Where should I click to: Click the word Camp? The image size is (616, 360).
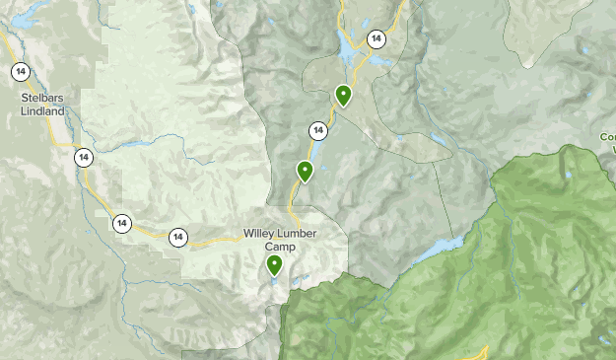(x=281, y=247)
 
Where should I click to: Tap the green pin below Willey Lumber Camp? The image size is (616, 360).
(x=273, y=264)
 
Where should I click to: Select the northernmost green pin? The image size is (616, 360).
(x=343, y=95)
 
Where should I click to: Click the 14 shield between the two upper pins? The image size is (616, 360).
(x=317, y=130)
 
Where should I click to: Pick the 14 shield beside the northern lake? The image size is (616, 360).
(x=376, y=39)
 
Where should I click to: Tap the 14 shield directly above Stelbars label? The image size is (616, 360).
(x=20, y=71)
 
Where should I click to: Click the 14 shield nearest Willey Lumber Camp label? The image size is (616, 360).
(x=178, y=237)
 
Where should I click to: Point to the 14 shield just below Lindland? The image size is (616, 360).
(x=84, y=156)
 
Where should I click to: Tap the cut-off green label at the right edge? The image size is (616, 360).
(x=608, y=143)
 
